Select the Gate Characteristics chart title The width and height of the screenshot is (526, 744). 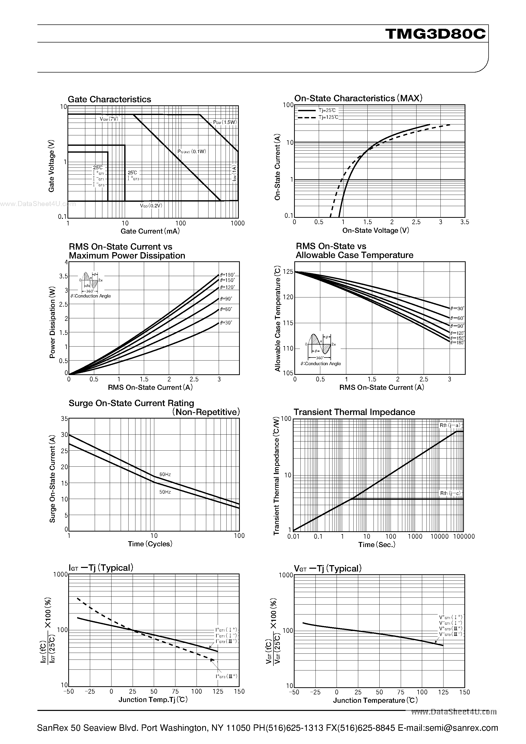tap(109, 99)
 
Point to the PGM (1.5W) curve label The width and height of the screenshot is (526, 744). tap(225, 122)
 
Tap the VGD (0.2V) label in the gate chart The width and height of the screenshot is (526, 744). tap(151, 205)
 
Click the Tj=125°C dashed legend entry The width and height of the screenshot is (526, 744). tap(328, 117)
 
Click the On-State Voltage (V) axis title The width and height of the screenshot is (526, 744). tap(376, 230)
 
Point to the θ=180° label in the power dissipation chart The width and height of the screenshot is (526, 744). tap(227, 275)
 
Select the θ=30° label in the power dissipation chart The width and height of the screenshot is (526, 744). tap(226, 323)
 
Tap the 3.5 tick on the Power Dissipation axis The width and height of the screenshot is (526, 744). tap(64, 276)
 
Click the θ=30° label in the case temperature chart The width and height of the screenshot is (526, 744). tap(457, 308)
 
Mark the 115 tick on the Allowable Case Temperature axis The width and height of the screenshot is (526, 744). tap(288, 323)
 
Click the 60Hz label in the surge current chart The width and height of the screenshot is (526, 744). tap(165, 474)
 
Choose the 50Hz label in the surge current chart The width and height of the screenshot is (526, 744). tap(165, 492)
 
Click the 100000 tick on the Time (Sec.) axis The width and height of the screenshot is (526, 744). tap(464, 537)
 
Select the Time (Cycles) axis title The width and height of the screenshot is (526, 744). tap(150, 544)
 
